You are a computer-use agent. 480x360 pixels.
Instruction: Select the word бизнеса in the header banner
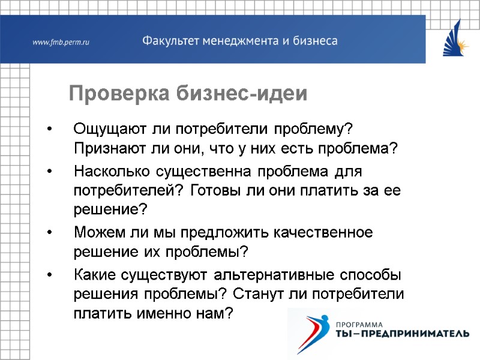pyautogui.click(x=315, y=41)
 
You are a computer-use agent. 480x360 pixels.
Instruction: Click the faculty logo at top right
pyautogui.click(x=456, y=39)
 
